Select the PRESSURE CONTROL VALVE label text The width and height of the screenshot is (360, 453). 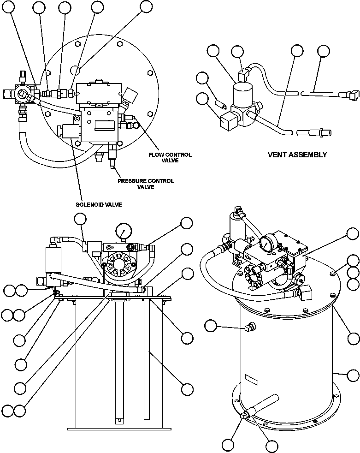click(x=146, y=184)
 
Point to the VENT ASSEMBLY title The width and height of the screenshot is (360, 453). click(x=297, y=155)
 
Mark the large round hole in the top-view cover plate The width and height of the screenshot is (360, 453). click(x=76, y=70)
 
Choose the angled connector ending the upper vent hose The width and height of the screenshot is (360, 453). click(x=346, y=95)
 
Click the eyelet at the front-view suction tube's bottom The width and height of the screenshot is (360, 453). click(x=119, y=420)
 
